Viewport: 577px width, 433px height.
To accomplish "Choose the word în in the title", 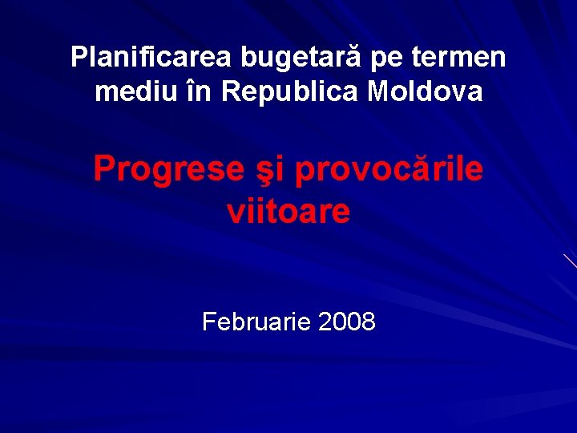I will (x=197, y=92).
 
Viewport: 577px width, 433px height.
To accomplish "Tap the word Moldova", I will (x=425, y=92).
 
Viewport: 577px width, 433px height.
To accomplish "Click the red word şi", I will (x=268, y=170).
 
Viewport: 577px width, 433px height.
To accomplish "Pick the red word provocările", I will (x=389, y=170).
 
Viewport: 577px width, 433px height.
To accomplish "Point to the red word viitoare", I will (x=288, y=212).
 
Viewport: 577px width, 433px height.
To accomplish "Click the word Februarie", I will (x=256, y=322).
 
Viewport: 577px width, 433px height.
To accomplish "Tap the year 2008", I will (x=346, y=322).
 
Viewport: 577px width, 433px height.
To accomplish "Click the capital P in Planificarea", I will (x=78, y=58).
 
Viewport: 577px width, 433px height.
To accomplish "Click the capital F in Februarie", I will (x=209, y=322).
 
